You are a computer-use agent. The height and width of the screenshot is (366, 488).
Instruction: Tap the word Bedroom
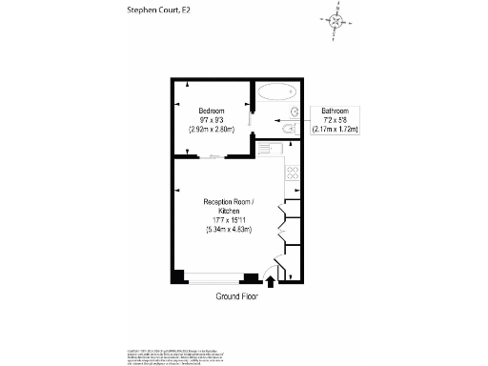(211, 109)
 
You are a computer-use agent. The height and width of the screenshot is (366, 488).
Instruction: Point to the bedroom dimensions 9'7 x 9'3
(211, 118)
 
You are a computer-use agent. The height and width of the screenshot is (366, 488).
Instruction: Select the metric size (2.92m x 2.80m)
(211, 128)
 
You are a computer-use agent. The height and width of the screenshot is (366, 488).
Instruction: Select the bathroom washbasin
(295, 112)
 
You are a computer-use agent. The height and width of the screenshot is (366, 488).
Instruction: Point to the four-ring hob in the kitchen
(293, 173)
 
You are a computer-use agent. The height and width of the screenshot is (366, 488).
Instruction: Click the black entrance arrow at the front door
(269, 281)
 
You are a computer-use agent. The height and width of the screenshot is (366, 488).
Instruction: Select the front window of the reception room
(214, 278)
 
